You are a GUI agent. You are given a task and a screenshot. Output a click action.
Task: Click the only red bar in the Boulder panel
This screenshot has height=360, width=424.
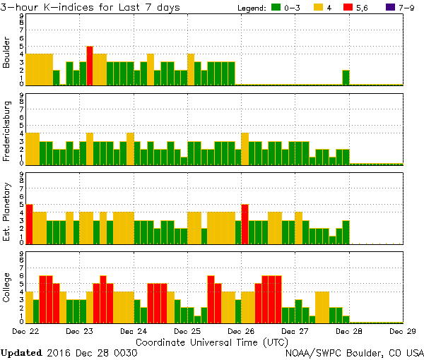pos(90,66)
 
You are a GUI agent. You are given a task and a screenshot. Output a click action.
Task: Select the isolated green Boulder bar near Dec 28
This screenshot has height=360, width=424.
pos(346,78)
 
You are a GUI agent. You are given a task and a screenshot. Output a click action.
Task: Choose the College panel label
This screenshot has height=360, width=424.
pos(7,287)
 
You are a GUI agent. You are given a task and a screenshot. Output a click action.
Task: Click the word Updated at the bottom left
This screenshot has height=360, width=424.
pos(21,352)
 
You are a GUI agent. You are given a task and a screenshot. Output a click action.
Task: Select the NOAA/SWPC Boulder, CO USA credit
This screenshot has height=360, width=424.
pos(353,352)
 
